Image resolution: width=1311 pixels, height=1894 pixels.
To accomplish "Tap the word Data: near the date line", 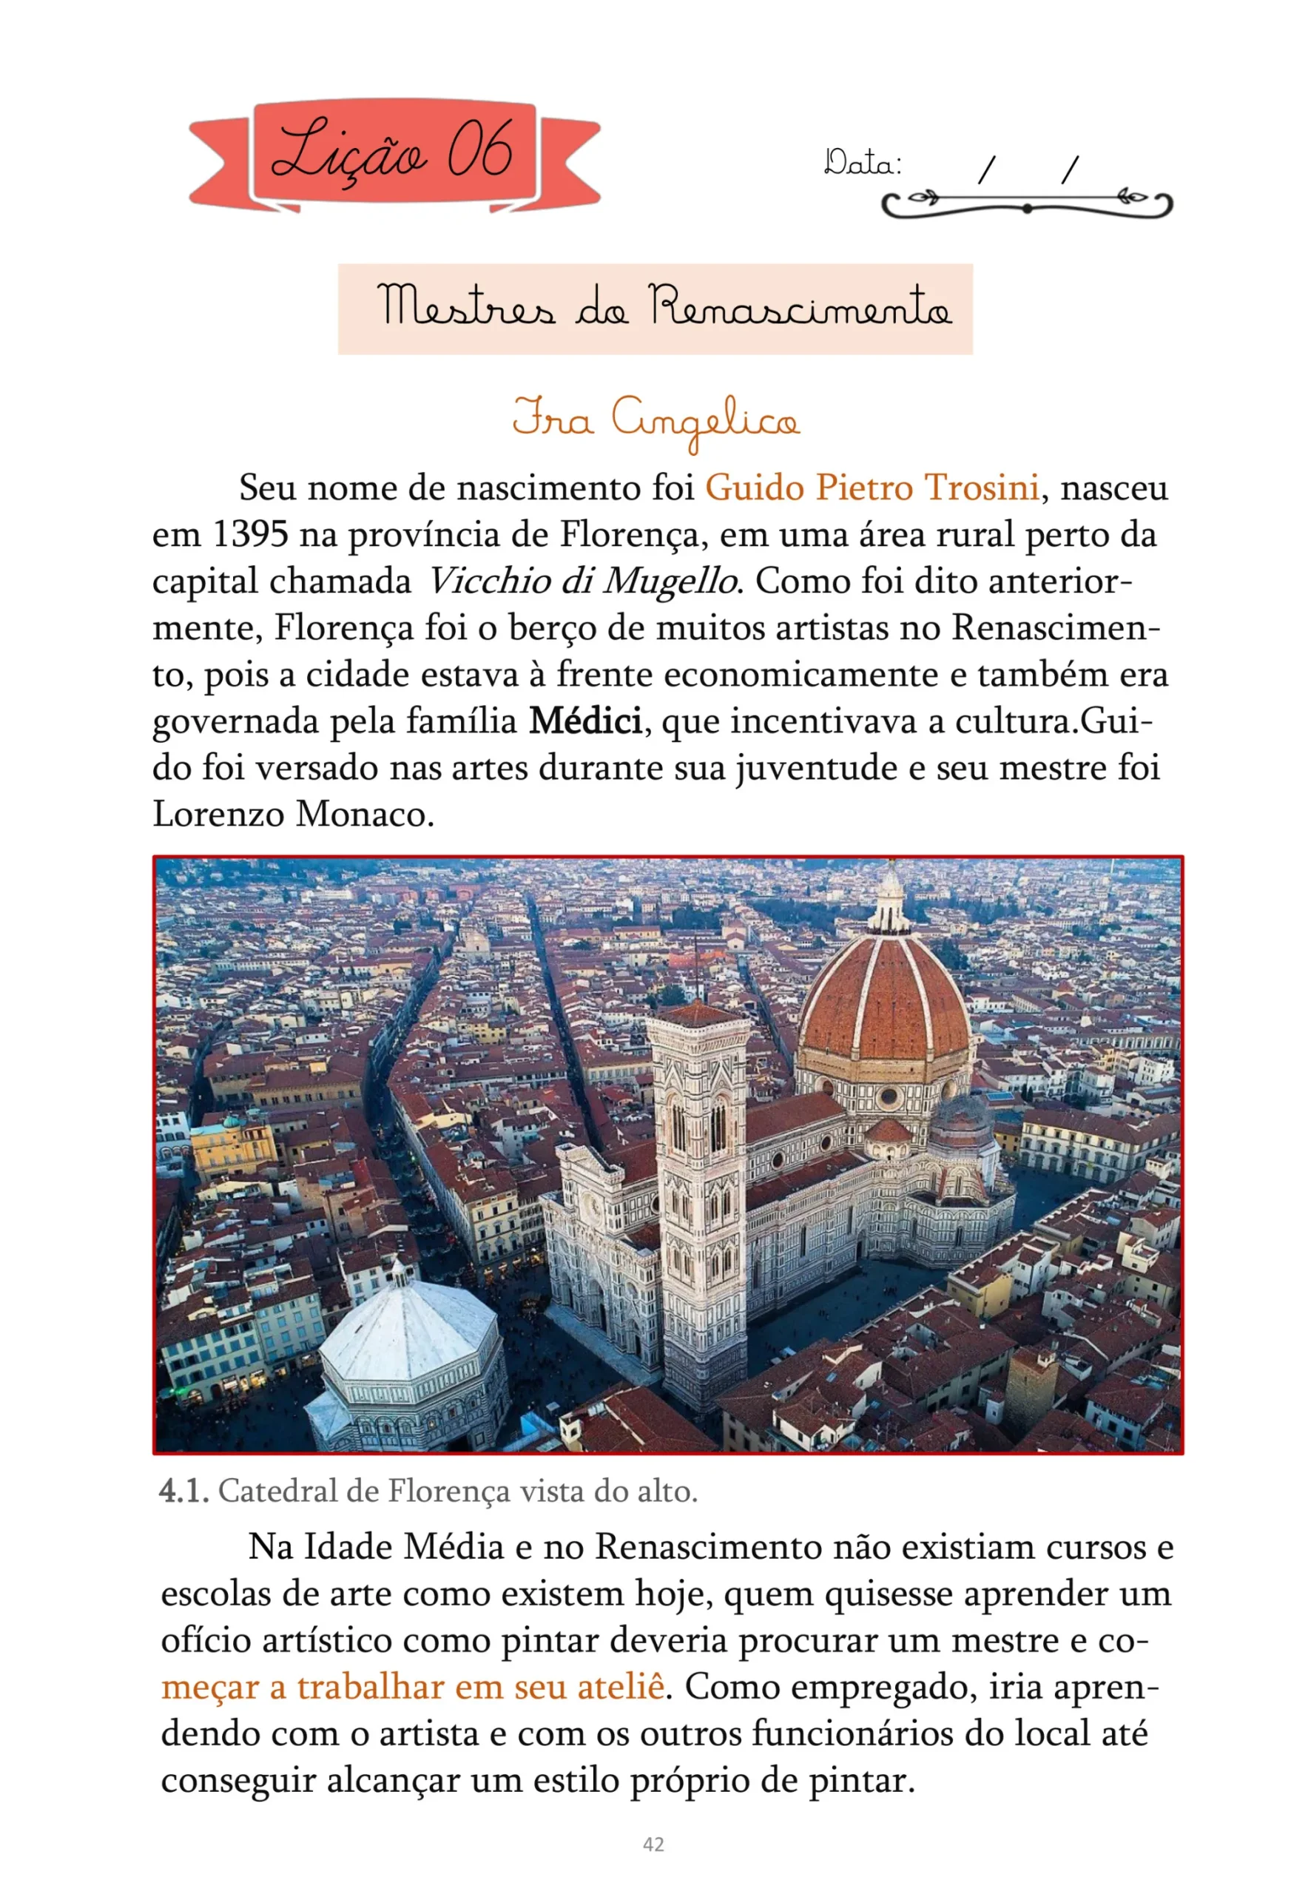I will point(863,164).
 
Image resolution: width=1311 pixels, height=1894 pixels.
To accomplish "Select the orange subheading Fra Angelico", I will point(655,419).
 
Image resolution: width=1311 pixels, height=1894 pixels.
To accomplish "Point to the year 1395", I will point(251,535).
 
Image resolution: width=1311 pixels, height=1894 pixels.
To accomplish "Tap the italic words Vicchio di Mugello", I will point(582,582).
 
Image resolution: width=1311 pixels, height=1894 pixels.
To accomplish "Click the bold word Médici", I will point(585,721).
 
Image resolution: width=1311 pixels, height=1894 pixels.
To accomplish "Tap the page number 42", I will point(653,1844).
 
